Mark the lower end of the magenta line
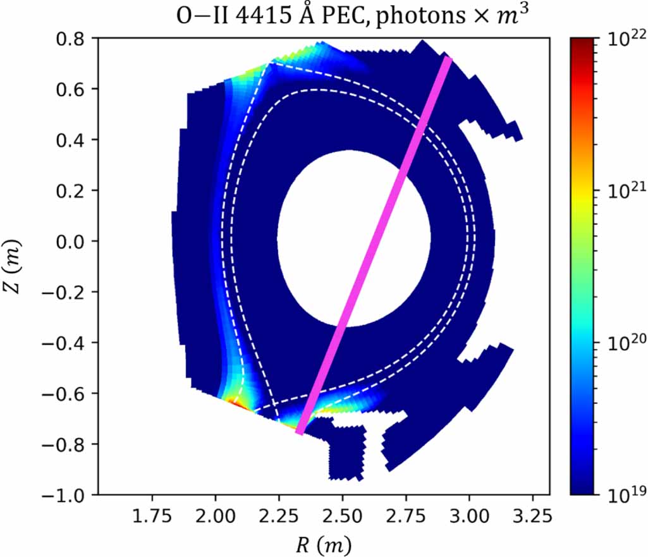(300, 432)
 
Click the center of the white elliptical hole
(354, 238)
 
